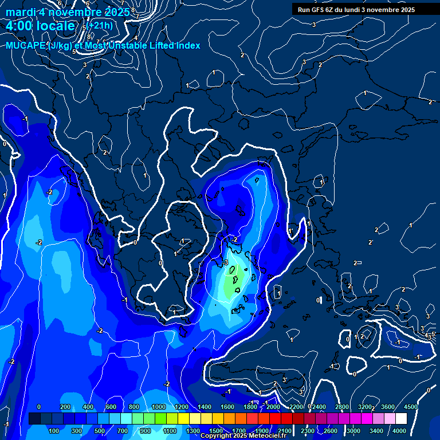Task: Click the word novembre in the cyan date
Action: pyautogui.click(x=75, y=12)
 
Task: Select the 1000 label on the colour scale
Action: pyautogui.click(x=158, y=407)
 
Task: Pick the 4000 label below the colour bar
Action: pyautogui.click(x=399, y=431)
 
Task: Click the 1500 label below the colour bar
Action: pyautogui.click(x=216, y=431)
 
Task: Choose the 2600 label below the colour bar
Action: pyautogui.click(x=331, y=431)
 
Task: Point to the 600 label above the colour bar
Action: pyautogui.click(x=111, y=407)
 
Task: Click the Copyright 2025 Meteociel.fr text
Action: pyautogui.click(x=243, y=436)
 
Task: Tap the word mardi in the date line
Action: pyautogui.click(x=20, y=12)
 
